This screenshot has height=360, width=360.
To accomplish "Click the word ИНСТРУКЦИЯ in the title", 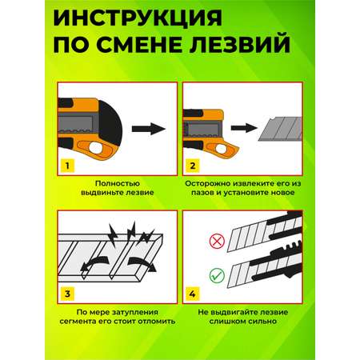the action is click(138, 18).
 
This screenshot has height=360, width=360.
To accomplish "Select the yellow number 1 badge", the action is click(67, 166).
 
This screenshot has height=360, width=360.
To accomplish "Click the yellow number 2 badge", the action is click(192, 166).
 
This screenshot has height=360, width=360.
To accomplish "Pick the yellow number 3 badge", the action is click(67, 294).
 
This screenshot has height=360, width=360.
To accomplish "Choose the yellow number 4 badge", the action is click(192, 294).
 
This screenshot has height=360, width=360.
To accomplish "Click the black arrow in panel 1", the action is click(149, 129).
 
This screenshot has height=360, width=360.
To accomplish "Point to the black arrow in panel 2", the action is click(243, 128).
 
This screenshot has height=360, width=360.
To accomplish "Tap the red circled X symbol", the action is click(217, 242).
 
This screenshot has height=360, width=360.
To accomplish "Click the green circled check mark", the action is click(217, 275).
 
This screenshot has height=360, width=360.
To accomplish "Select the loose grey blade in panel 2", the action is click(281, 129).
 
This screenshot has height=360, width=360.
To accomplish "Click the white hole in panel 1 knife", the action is click(96, 148).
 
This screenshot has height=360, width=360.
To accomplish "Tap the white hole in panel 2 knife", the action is click(221, 149).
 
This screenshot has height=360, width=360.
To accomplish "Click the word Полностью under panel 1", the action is click(118, 183).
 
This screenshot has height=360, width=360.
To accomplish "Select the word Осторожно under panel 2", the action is click(208, 183).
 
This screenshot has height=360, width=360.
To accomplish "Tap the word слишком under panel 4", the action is click(227, 321).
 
